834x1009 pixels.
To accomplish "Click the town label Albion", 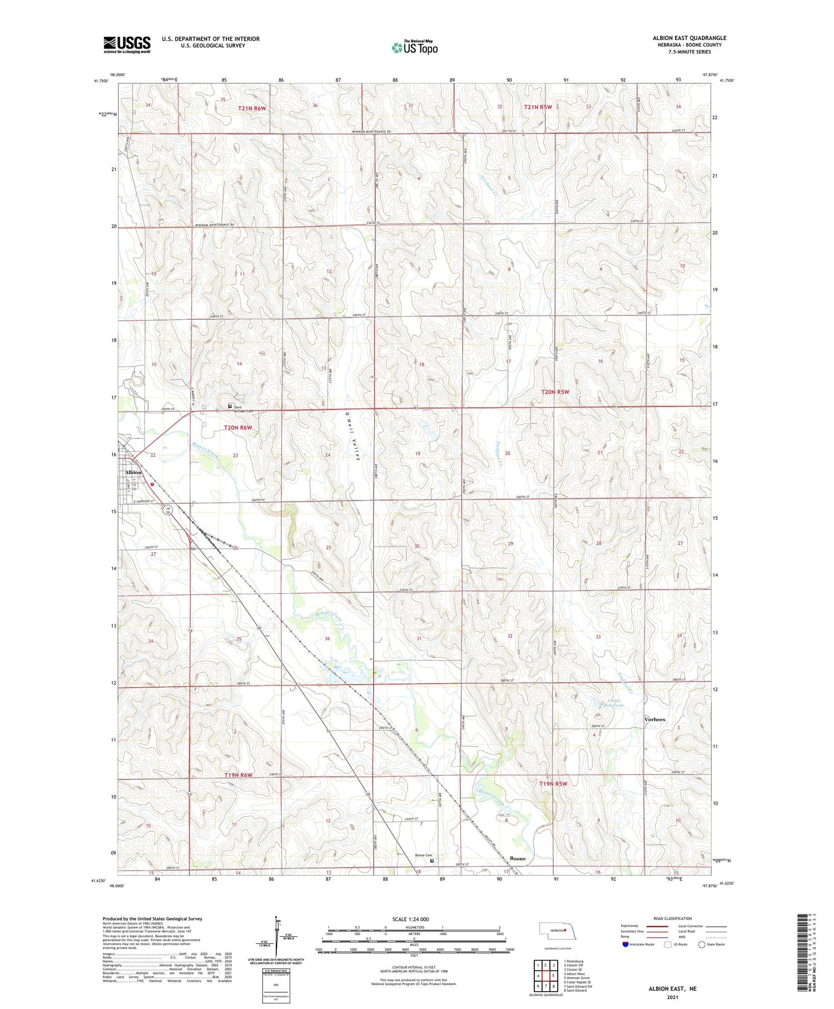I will [x=133, y=472].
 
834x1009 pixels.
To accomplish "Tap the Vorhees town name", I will [x=654, y=719].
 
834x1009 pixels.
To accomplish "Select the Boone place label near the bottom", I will [x=517, y=858].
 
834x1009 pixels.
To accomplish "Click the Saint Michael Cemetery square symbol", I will [x=230, y=406].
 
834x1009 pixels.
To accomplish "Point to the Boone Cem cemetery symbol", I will [x=432, y=860].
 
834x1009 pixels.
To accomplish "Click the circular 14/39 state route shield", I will [x=167, y=509].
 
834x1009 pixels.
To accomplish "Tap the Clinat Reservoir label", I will [x=613, y=703].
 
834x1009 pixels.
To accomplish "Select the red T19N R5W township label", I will [x=553, y=784].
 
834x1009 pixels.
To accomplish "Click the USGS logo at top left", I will [x=127, y=45].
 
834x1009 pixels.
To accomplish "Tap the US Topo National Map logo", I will [x=415, y=47].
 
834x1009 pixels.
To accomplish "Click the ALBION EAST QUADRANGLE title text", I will [x=689, y=38].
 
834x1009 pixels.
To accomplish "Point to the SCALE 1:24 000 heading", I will [x=410, y=919].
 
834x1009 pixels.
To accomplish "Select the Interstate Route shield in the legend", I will [x=625, y=944].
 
